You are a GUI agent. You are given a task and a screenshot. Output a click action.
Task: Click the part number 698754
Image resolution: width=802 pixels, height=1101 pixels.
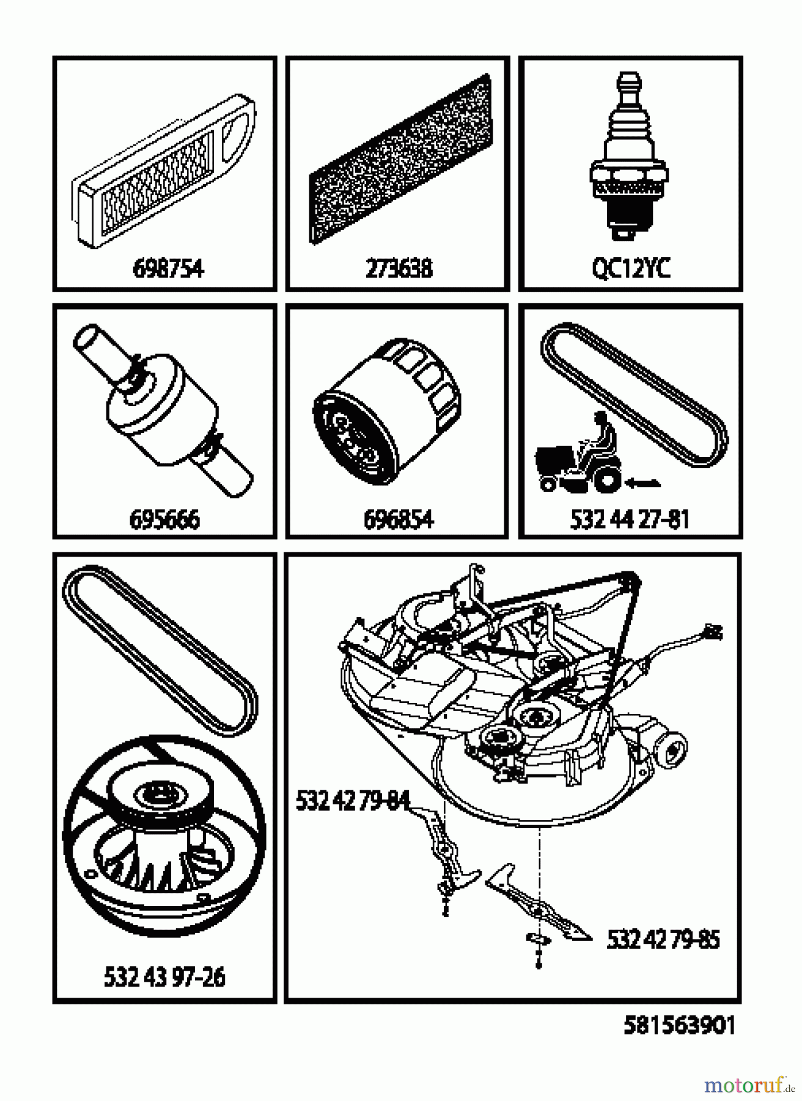(x=168, y=269)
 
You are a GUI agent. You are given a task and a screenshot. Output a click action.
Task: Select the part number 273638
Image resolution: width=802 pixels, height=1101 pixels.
(x=399, y=269)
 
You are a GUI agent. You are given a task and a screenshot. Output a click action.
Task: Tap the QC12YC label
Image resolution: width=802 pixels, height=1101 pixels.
(x=631, y=269)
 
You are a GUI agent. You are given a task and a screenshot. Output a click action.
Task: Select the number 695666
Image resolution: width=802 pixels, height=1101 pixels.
(x=164, y=519)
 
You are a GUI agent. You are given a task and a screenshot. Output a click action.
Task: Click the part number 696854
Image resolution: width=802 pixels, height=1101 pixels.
(x=399, y=519)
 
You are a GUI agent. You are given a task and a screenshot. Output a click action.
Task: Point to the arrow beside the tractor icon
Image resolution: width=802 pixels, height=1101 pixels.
(x=642, y=483)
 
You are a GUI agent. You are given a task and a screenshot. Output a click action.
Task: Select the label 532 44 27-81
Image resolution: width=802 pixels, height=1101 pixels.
(x=630, y=519)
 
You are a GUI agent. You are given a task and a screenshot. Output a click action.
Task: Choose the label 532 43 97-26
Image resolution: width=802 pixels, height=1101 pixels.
(x=164, y=976)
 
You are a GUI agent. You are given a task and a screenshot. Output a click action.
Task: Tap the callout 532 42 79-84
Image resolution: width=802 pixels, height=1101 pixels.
(x=353, y=800)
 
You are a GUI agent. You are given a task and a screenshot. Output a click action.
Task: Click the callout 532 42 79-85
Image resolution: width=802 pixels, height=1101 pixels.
(x=663, y=940)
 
